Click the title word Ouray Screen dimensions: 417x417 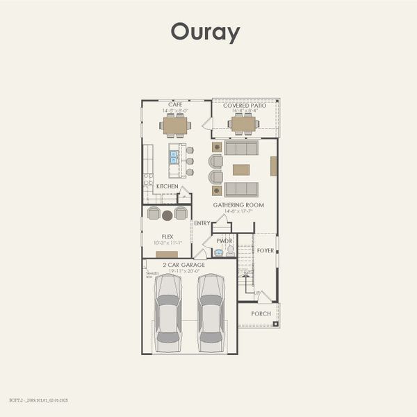coord(205,32)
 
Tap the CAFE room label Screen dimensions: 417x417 coord(175,104)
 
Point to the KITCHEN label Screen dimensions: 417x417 coord(167,186)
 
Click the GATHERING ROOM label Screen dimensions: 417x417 coord(238,205)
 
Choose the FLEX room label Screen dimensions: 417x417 coord(167,236)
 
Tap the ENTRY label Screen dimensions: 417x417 coord(202,223)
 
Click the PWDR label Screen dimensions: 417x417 coord(224,241)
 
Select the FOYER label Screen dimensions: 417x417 coord(265,250)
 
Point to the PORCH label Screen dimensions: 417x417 coord(261,313)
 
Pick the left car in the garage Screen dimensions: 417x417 coord(167,313)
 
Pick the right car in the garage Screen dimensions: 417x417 coord(211,313)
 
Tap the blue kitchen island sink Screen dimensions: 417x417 coord(174,157)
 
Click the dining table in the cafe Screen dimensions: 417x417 coord(175,126)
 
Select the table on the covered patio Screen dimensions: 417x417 coord(243,124)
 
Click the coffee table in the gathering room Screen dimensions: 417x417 coord(241,170)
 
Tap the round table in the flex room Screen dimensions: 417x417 coord(167,215)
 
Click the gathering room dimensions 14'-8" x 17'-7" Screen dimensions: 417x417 coord(238,211)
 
